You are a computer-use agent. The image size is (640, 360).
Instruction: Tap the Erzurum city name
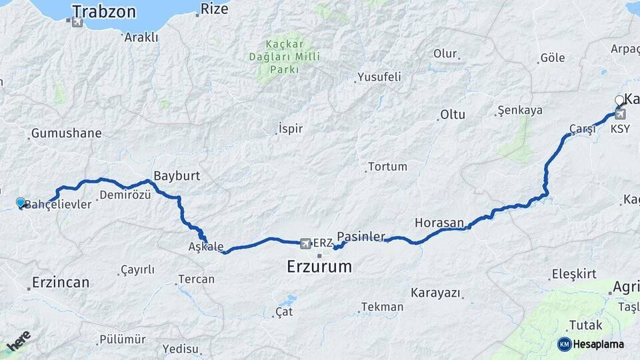[x=319, y=267]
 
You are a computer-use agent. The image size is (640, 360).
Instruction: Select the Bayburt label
[x=177, y=176]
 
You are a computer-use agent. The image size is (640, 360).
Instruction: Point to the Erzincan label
[x=61, y=282]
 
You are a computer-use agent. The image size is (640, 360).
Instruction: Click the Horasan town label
[x=439, y=223]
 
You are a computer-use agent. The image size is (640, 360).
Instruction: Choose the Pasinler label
[x=361, y=237]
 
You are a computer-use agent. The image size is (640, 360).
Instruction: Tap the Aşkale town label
[x=206, y=247]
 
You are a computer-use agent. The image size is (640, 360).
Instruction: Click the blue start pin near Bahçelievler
[x=21, y=203]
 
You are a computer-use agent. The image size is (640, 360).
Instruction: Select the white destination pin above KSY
[x=619, y=101]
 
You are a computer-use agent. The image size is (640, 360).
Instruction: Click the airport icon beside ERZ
[x=306, y=243]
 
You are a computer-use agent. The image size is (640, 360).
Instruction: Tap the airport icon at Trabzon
[x=77, y=22]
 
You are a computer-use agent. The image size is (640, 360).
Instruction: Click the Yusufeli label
[x=379, y=77]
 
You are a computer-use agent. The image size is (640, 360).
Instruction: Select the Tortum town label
[x=387, y=166]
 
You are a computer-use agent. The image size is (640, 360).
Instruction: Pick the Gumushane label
[x=66, y=133]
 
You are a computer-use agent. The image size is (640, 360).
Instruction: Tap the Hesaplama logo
[x=591, y=344]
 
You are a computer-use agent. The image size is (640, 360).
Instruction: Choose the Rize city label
[x=214, y=9]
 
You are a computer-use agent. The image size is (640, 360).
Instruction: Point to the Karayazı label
[x=435, y=293]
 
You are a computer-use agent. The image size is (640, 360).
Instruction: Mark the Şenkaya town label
[x=520, y=111]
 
